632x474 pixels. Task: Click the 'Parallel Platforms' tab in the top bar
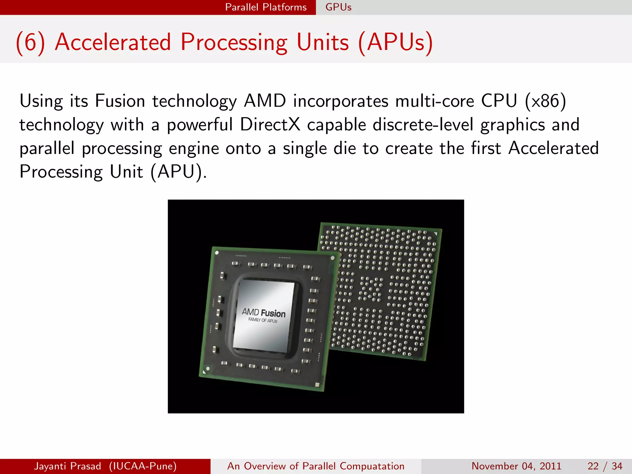(266, 7)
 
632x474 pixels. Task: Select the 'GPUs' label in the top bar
(338, 7)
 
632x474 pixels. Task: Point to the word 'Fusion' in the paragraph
(120, 101)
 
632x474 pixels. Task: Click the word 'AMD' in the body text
(265, 101)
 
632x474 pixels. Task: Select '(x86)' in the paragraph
(545, 101)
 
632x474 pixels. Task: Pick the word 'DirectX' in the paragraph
(270, 125)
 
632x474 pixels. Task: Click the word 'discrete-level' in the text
(423, 125)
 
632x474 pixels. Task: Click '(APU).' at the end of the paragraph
(179, 172)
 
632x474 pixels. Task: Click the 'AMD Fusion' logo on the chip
(264, 313)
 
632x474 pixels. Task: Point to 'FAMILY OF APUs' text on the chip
(263, 320)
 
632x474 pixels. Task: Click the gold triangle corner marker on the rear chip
(436, 234)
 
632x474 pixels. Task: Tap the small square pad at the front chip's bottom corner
(317, 385)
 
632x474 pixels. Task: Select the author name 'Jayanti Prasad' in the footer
(67, 466)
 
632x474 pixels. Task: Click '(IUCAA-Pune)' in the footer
(143, 466)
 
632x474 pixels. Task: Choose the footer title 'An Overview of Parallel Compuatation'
(316, 466)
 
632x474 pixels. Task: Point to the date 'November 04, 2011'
(516, 466)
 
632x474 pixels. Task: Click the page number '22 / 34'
(605, 466)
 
